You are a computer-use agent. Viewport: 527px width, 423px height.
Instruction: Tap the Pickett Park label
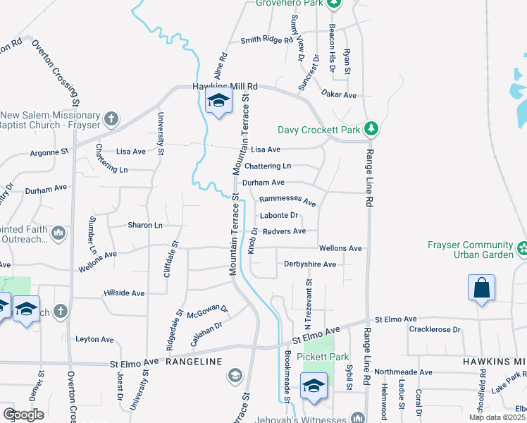click(x=323, y=357)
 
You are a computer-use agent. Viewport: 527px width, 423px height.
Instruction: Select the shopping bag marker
click(x=481, y=288)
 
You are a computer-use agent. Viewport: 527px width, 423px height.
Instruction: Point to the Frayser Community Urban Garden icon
click(x=522, y=248)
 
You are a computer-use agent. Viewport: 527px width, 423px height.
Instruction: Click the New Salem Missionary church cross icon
click(x=111, y=118)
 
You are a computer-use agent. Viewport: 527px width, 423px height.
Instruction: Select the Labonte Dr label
click(x=279, y=216)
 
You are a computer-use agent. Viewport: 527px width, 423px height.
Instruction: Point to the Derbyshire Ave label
click(x=310, y=264)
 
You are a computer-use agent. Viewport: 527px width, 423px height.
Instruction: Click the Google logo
click(x=23, y=415)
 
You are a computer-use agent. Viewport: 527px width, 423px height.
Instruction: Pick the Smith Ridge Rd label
click(x=266, y=41)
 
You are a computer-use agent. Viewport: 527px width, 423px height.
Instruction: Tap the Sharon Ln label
click(x=145, y=225)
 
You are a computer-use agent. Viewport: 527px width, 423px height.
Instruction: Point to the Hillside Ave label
click(x=124, y=293)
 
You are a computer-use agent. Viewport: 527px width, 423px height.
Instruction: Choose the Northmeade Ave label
click(x=404, y=372)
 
